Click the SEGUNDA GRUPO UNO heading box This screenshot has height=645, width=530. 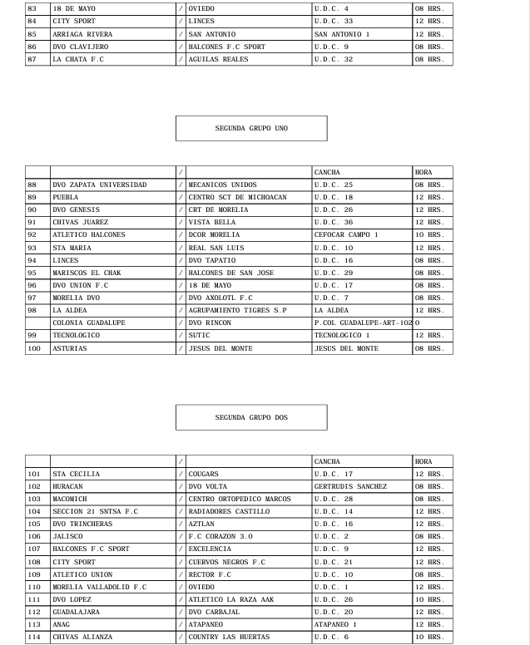[251, 128]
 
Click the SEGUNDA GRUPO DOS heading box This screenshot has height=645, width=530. [251, 417]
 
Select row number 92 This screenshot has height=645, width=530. [37, 235]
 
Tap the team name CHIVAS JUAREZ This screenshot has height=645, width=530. [80, 223]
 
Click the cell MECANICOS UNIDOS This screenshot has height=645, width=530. [222, 185]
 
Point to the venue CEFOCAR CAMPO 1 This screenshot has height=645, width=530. [346, 235]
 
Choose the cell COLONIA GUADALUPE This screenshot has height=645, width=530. [89, 323]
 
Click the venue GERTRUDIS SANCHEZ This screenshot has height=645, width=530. [350, 487]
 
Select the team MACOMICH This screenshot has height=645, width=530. [69, 500]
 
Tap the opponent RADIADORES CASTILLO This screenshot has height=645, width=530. [229, 512]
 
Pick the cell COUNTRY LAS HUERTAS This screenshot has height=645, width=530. [229, 638]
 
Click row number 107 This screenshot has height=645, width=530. [37, 549]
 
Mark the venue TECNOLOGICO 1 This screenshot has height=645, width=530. [341, 336]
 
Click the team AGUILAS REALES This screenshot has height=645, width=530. [214, 60]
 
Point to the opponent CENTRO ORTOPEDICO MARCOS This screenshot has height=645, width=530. [240, 500]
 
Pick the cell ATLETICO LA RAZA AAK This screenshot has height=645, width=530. [231, 600]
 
